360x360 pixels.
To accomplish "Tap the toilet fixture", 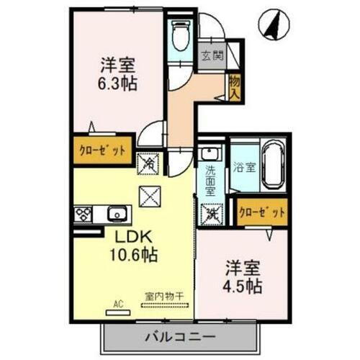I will pos(180,34).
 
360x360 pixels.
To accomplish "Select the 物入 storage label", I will pos(234,88).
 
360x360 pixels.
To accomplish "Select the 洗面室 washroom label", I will pos(210,182).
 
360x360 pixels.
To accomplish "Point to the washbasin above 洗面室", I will pos(209,153).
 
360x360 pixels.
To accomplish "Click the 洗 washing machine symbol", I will pos(211,213).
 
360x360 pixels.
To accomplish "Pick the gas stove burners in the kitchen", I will pos(83,214).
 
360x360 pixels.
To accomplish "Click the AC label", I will pos(117,305).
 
